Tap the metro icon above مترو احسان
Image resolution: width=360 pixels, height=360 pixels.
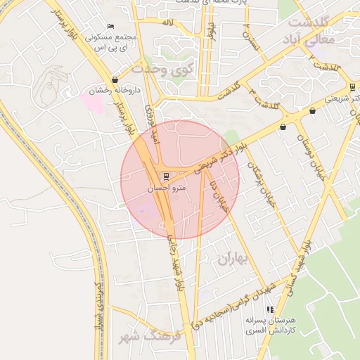(x=166, y=176)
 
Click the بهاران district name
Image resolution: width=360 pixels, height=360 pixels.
(x=233, y=259)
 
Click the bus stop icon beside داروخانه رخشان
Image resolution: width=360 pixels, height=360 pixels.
(x=115, y=80)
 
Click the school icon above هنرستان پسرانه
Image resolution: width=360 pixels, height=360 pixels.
(x=269, y=309)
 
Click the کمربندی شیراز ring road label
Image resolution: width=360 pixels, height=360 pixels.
(x=101, y=299)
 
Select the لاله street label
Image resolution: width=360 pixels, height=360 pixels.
(x=167, y=23)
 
